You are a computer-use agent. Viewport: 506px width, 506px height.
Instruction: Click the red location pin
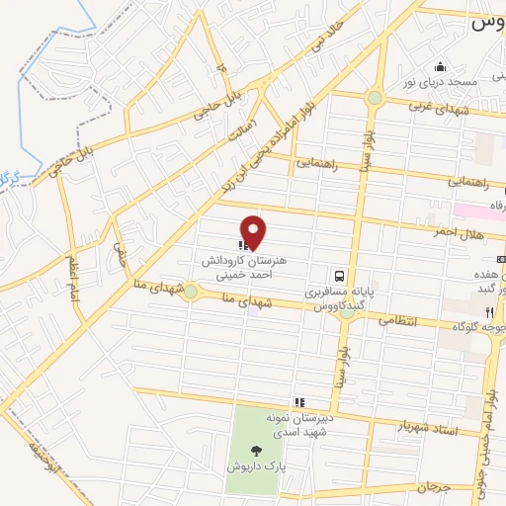coord(254,231)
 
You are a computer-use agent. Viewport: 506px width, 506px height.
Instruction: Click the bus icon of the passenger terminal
coord(339,277)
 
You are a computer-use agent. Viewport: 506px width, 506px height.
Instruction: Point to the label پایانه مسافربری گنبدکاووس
coord(333,300)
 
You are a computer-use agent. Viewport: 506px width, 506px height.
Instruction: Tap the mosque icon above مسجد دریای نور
coord(441,67)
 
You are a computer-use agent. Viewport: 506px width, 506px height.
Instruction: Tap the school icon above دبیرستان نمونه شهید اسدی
coord(287,402)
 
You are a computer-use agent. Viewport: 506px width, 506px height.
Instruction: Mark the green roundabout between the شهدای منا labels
coord(191,292)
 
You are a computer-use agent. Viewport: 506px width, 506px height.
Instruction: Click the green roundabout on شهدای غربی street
coord(374,97)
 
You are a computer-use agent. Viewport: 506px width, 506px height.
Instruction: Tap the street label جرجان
coord(432,487)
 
